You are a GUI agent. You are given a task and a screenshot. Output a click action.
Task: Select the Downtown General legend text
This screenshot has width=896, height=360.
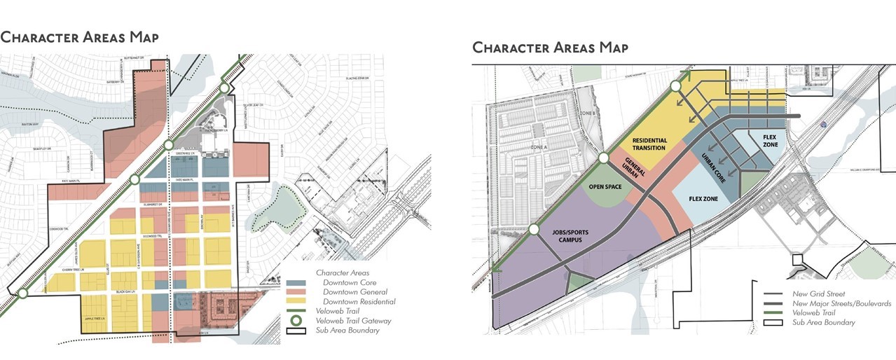355,291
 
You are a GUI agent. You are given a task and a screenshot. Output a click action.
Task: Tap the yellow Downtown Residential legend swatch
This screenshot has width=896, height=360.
296,301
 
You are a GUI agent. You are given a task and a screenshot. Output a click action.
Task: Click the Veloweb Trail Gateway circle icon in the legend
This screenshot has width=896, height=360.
296,321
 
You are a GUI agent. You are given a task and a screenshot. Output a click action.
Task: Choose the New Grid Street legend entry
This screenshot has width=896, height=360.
819,293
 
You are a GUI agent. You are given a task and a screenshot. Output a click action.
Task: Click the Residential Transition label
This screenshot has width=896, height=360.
649,144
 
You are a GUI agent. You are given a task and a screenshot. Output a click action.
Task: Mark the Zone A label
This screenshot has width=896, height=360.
538,148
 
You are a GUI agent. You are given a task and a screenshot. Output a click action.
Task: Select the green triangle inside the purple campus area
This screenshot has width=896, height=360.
577,282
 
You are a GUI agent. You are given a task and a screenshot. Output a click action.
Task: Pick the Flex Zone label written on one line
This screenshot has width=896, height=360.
705,199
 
